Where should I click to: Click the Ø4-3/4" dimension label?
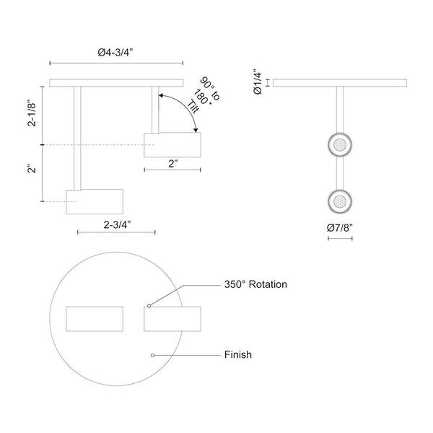pyautogui.click(x=115, y=52)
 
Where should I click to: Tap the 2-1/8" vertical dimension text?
pyautogui.click(x=32, y=114)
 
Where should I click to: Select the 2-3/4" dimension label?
pyautogui.click(x=117, y=225)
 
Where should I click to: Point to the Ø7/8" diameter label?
pyautogui.click(x=340, y=228)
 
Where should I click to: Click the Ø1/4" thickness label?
pyautogui.click(x=258, y=82)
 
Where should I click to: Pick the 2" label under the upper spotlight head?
pyautogui.click(x=173, y=164)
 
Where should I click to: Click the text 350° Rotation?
pyautogui.click(x=255, y=284)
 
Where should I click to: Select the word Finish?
pyautogui.click(x=237, y=354)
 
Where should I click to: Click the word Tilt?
pyautogui.click(x=193, y=107)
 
